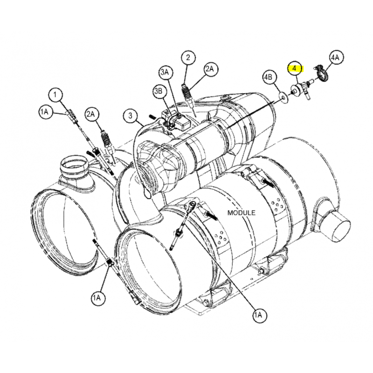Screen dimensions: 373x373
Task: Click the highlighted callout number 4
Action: click(295, 68)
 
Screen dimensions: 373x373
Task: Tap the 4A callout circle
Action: click(336, 58)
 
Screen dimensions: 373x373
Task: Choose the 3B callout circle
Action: click(159, 91)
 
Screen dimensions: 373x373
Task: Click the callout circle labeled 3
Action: click(131, 116)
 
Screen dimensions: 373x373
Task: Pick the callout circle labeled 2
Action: click(188, 57)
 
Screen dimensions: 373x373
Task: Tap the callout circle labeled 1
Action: click(55, 95)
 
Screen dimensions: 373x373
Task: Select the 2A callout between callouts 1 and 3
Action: click(91, 114)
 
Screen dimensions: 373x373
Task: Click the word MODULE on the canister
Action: click(242, 213)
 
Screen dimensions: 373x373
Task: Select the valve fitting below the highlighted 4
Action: click(301, 90)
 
